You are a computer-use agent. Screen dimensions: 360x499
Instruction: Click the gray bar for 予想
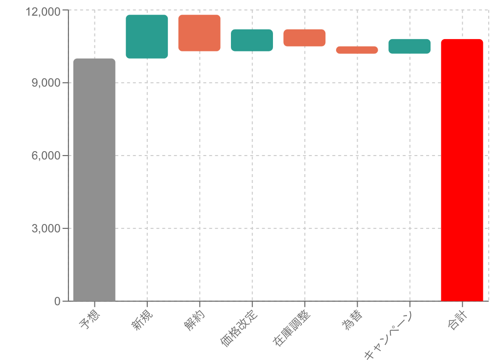click(94, 180)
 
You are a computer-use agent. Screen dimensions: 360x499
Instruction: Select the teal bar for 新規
click(147, 37)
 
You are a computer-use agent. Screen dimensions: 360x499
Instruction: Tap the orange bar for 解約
click(199, 33)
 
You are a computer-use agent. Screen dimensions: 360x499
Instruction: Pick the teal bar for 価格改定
click(252, 40)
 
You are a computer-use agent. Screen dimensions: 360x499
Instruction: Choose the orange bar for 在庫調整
click(304, 38)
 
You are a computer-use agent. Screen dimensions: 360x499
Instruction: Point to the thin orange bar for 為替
click(357, 50)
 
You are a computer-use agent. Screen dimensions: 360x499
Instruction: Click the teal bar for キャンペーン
click(409, 46)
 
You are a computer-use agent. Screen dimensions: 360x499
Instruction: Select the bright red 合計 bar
click(462, 170)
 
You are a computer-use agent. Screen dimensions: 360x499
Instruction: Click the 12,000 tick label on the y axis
click(43, 11)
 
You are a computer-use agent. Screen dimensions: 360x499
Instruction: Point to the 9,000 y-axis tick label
click(47, 83)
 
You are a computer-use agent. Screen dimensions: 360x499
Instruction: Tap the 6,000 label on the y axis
click(47, 156)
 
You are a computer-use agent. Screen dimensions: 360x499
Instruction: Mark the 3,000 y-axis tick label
click(47, 228)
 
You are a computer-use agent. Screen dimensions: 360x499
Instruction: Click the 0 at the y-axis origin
click(58, 301)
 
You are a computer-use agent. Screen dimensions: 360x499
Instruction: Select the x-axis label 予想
click(90, 320)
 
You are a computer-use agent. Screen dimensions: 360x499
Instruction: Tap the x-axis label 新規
click(142, 320)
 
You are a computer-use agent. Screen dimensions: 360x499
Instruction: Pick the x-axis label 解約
click(194, 320)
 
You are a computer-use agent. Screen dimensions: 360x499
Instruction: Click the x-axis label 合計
click(457, 320)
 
